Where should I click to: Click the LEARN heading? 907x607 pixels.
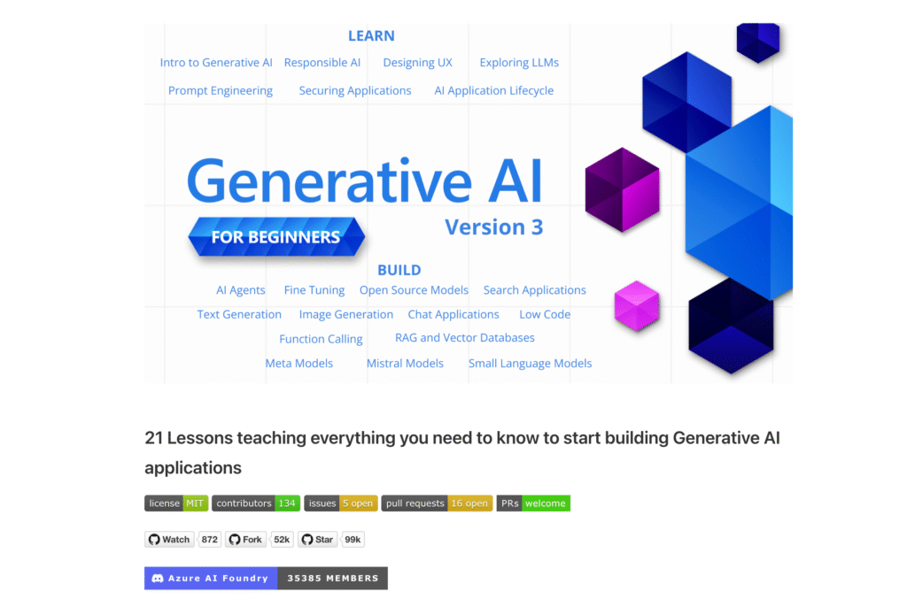pyautogui.click(x=371, y=36)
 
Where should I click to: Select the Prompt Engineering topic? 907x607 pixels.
pyautogui.click(x=221, y=90)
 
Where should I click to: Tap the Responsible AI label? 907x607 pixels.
pyautogui.click(x=322, y=63)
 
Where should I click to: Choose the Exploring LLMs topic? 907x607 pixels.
pyautogui.click(x=519, y=63)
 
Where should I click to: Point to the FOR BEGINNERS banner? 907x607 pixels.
pyautogui.click(x=275, y=237)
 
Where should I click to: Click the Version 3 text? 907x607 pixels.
pyautogui.click(x=493, y=227)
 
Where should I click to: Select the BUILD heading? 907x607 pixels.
pyautogui.click(x=399, y=270)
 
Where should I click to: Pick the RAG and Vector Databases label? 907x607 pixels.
pyautogui.click(x=464, y=338)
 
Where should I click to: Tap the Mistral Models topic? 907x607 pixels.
pyautogui.click(x=405, y=363)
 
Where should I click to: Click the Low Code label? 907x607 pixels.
pyautogui.click(x=545, y=314)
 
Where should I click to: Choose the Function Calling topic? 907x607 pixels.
pyautogui.click(x=321, y=339)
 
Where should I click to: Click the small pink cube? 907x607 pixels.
pyautogui.click(x=637, y=305)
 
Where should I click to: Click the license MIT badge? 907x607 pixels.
pyautogui.click(x=176, y=503)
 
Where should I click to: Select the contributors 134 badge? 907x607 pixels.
pyautogui.click(x=256, y=503)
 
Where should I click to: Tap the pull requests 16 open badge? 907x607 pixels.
pyautogui.click(x=437, y=503)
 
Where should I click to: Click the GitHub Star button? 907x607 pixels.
pyautogui.click(x=318, y=540)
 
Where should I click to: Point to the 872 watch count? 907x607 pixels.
pyautogui.click(x=210, y=540)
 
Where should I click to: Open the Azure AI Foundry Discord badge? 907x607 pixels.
pyautogui.click(x=266, y=579)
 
